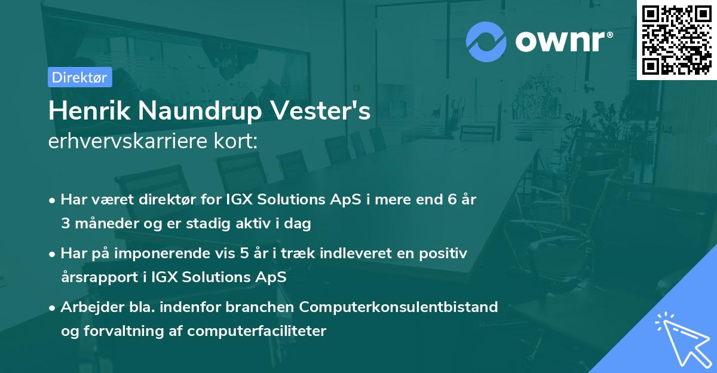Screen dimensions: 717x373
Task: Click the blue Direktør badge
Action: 79,77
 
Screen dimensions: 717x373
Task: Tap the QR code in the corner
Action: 676,40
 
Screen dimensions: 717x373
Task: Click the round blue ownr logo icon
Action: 486,42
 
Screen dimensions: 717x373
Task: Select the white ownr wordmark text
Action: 560,42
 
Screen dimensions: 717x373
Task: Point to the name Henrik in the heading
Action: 90,111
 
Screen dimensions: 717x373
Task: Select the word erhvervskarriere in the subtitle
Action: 128,141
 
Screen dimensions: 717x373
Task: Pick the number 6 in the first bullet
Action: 452,200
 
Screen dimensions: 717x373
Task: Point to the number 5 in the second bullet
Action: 244,253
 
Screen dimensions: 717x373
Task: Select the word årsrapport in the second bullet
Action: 100,277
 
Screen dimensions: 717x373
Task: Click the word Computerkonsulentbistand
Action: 399,308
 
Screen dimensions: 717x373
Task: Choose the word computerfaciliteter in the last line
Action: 256,331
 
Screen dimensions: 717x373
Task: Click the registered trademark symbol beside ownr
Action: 609,35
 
